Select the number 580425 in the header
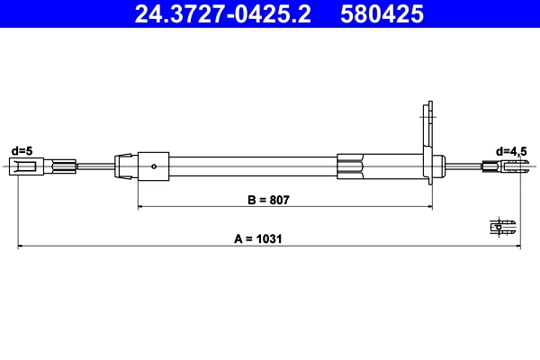pos(381,14)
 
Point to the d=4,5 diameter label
pos(511,150)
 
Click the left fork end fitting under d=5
pos(23,166)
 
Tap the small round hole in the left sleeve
pos(156,166)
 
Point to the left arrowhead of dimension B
pos(140,207)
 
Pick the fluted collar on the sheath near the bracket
pos(352,166)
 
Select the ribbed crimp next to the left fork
pos(64,166)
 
